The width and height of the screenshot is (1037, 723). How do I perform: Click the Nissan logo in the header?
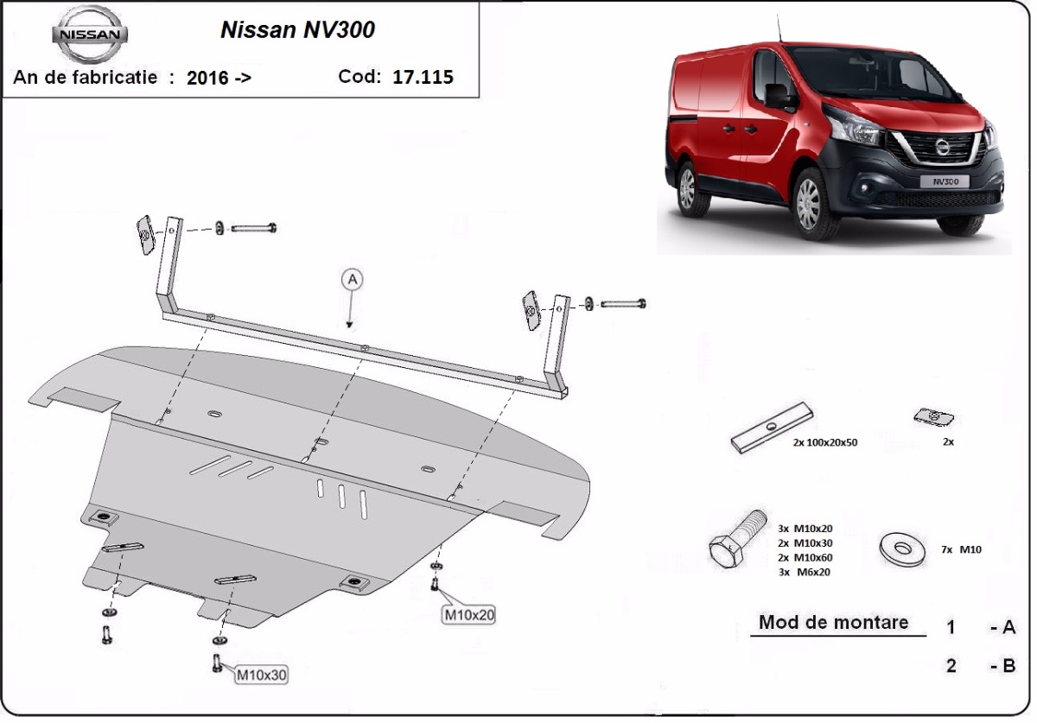pos(90,34)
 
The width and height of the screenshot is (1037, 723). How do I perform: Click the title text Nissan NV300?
pos(297,30)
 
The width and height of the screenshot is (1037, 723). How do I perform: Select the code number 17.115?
pos(423,77)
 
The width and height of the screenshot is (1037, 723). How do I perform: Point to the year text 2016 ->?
pos(219,78)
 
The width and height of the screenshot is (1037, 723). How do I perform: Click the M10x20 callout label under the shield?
pos(469,615)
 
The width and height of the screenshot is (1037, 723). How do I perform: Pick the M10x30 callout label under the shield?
pos(261,674)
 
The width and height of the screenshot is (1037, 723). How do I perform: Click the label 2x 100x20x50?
pos(824,442)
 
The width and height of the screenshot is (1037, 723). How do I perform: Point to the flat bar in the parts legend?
pos(771,428)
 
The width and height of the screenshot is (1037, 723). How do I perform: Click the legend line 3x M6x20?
pos(804,572)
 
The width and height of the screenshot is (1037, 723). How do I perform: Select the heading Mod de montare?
pos(833,622)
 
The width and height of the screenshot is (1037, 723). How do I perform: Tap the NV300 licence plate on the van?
pos(949,182)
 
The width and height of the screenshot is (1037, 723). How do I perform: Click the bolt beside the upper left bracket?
pos(254,228)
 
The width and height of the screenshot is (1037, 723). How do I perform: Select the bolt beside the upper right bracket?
pos(623,304)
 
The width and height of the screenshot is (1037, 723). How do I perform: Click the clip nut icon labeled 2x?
pos(933,418)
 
